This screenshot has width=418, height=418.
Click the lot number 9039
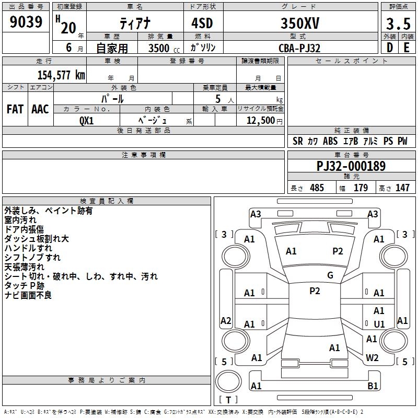(x=26, y=22)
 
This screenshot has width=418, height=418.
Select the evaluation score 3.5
(x=397, y=24)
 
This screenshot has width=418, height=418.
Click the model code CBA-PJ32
(x=299, y=48)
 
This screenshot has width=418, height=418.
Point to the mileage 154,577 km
(x=61, y=75)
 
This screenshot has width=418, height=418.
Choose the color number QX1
(x=86, y=120)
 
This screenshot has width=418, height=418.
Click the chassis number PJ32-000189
(x=351, y=166)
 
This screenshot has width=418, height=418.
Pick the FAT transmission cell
(x=15, y=109)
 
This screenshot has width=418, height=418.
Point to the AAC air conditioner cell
(x=40, y=109)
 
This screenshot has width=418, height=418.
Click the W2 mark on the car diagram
(x=373, y=358)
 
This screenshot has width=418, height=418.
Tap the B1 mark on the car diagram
(x=373, y=386)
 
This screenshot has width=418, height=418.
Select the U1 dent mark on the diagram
(x=379, y=324)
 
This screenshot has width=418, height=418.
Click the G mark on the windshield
(x=330, y=275)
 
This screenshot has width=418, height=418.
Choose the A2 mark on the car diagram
(x=226, y=321)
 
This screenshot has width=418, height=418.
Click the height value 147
(x=402, y=188)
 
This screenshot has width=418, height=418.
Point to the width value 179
(x=361, y=188)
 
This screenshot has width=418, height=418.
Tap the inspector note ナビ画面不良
(x=28, y=295)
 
